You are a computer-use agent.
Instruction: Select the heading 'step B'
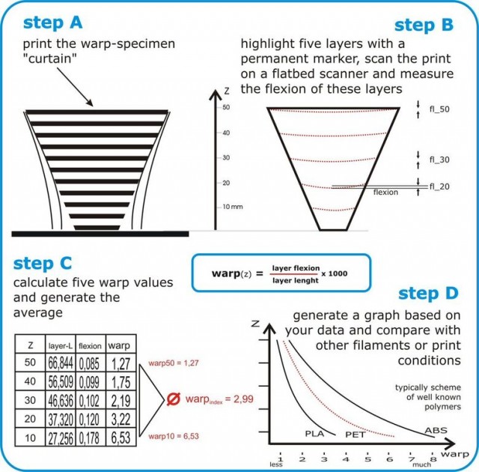pyautogui.click(x=423, y=25)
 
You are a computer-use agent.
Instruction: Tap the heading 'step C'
pyautogui.click(x=42, y=263)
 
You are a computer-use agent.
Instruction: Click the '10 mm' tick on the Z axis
pyautogui.click(x=234, y=207)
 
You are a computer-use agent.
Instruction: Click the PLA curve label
pyautogui.click(x=314, y=434)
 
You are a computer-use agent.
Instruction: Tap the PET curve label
pyautogui.click(x=353, y=434)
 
